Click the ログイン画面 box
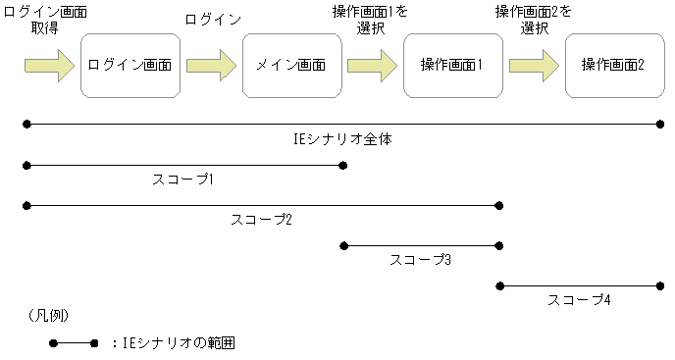pyautogui.click(x=130, y=66)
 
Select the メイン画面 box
pyautogui.click(x=291, y=66)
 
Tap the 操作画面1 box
pyautogui.click(x=452, y=66)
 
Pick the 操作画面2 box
pyautogui.click(x=614, y=66)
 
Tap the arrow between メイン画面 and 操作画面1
pyautogui.click(x=372, y=66)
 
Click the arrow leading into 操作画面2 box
pyautogui.click(x=534, y=66)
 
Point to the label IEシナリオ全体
pyautogui.click(x=343, y=139)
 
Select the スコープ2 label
pyautogui.click(x=261, y=219)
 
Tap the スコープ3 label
pyautogui.click(x=420, y=260)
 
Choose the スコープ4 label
pyautogui.click(x=580, y=299)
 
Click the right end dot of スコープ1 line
pyautogui.click(x=342, y=165)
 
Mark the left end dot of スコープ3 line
pyautogui.click(x=342, y=245)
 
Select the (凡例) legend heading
pyautogui.click(x=48, y=315)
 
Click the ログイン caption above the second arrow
pyautogui.click(x=213, y=19)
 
